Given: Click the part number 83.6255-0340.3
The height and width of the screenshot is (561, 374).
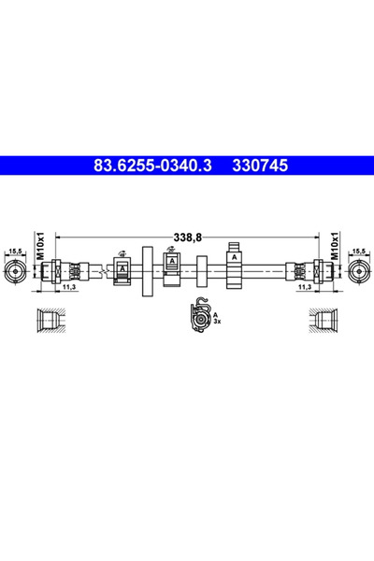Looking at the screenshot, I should click(153, 165).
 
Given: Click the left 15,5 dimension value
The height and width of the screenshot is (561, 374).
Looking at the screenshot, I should click(15, 251).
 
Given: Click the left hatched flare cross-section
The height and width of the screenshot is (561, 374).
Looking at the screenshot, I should click(50, 321).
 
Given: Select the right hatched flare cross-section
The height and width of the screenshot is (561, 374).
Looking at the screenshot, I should click(325, 321).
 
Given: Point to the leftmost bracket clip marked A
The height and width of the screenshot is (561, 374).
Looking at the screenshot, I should click(122, 270).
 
